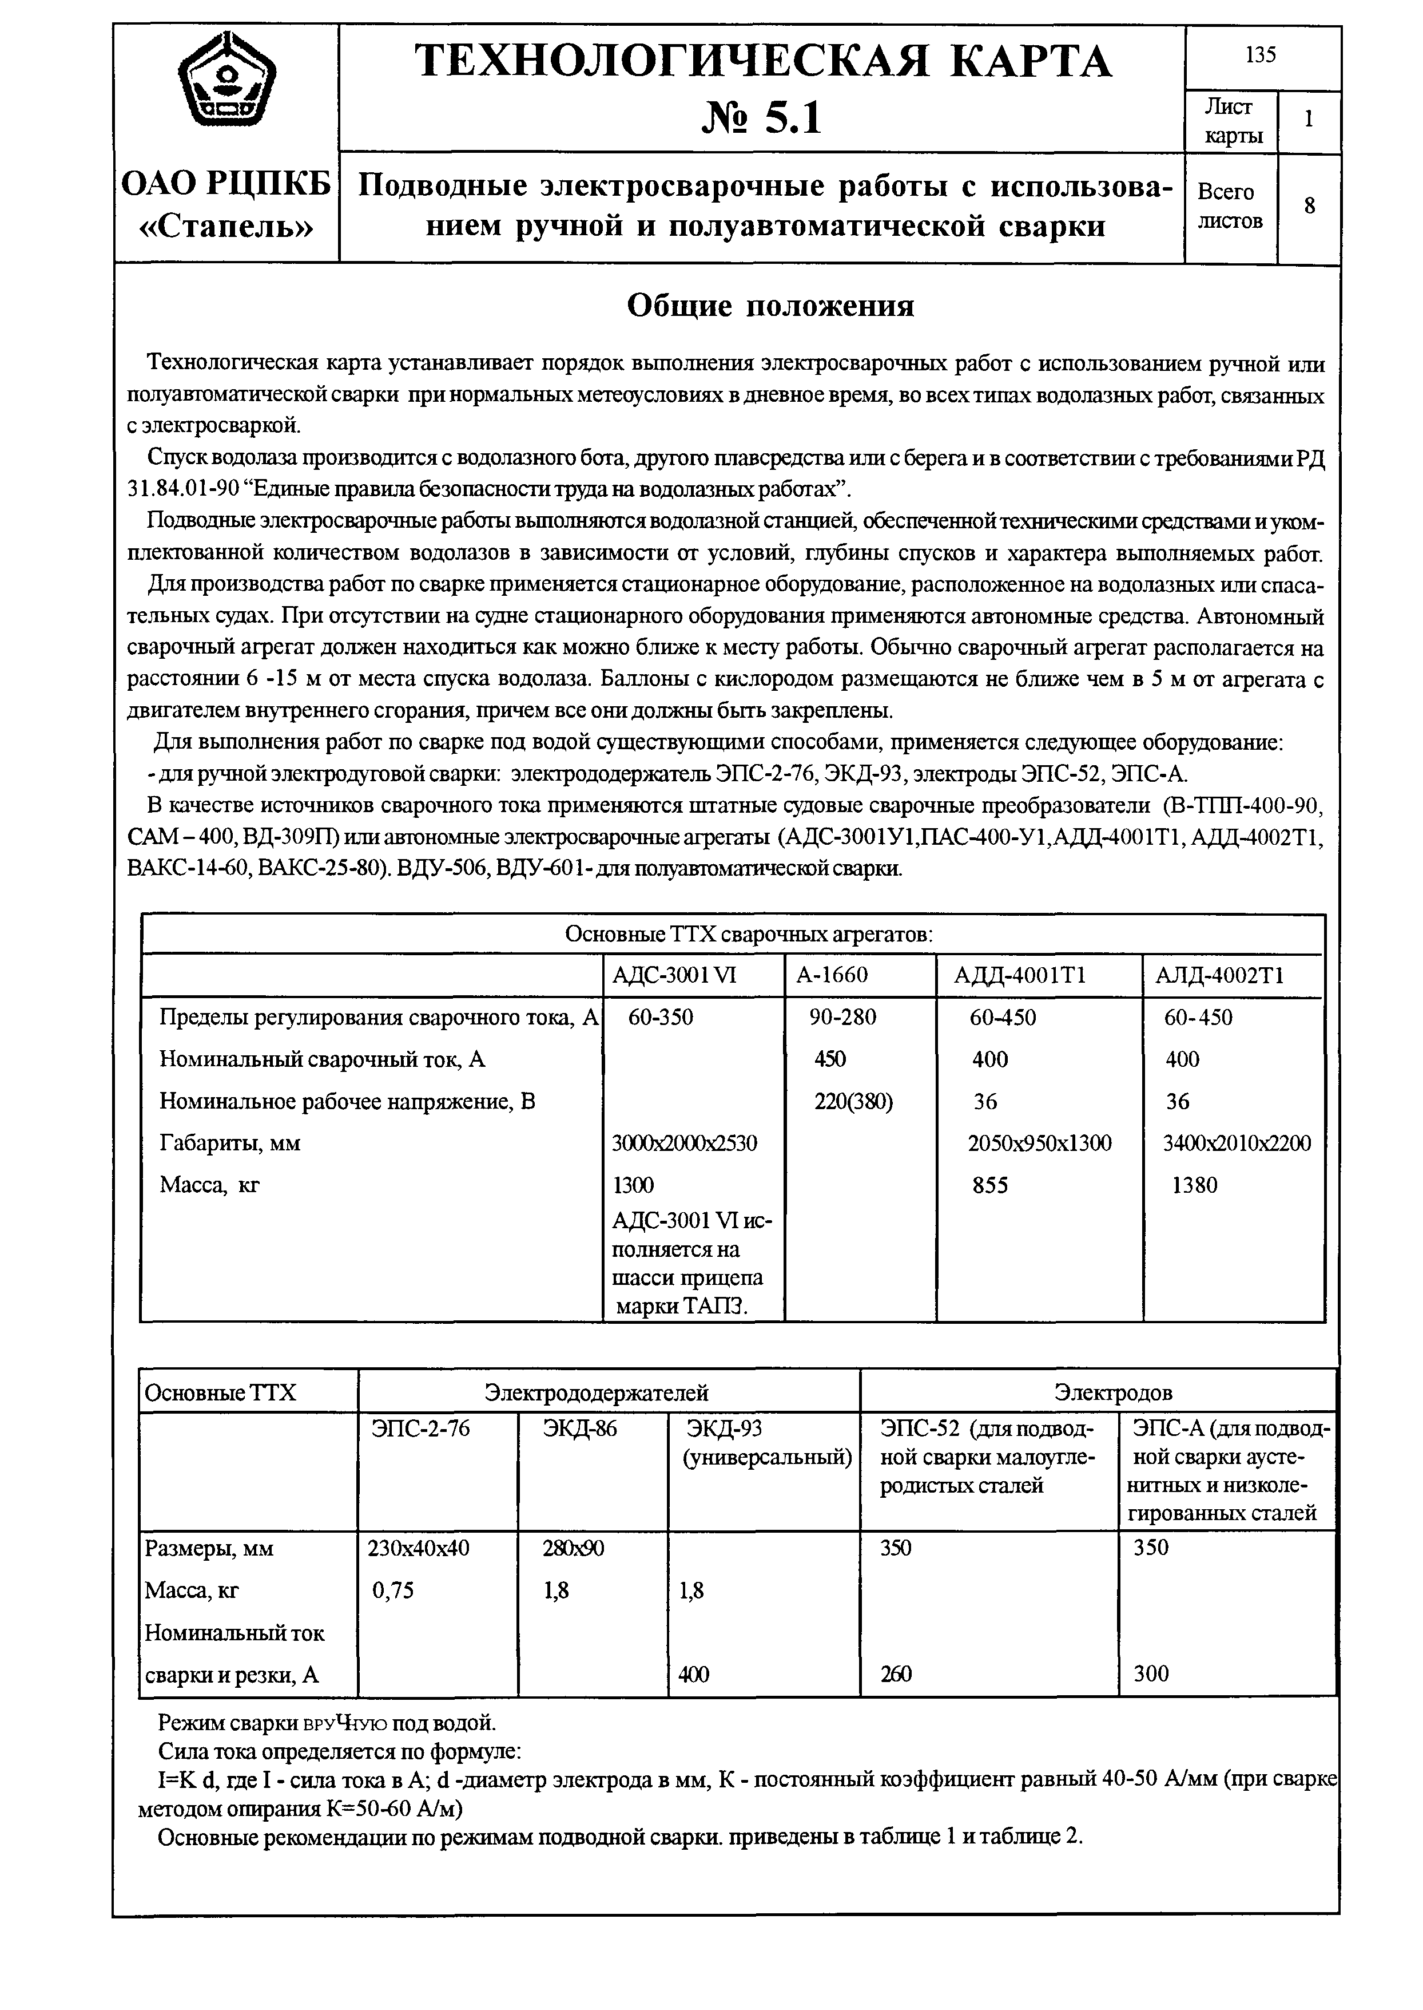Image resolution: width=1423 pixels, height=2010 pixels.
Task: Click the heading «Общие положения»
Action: pyautogui.click(x=770, y=306)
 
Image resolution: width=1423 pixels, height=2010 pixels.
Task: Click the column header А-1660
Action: pyautogui.click(x=832, y=976)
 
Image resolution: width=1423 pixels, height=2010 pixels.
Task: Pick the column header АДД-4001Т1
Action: pyautogui.click(x=1012, y=976)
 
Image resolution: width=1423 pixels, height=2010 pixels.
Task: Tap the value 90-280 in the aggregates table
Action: pyautogui.click(x=842, y=1017)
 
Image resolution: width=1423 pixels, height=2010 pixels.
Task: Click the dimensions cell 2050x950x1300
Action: pyautogui.click(x=1039, y=1143)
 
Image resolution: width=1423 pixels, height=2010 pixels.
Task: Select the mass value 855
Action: pyautogui.click(x=990, y=1185)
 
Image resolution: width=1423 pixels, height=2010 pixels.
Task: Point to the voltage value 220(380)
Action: pyautogui.click(x=853, y=1101)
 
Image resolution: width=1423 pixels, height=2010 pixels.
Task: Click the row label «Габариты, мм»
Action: pyautogui.click(x=229, y=1143)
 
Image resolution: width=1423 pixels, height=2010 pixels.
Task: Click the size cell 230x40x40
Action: pyautogui.click(x=419, y=1548)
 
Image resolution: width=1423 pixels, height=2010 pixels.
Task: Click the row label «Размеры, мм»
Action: pyautogui.click(x=209, y=1549)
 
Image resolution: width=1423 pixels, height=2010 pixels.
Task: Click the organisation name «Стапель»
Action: pyautogui.click(x=226, y=226)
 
